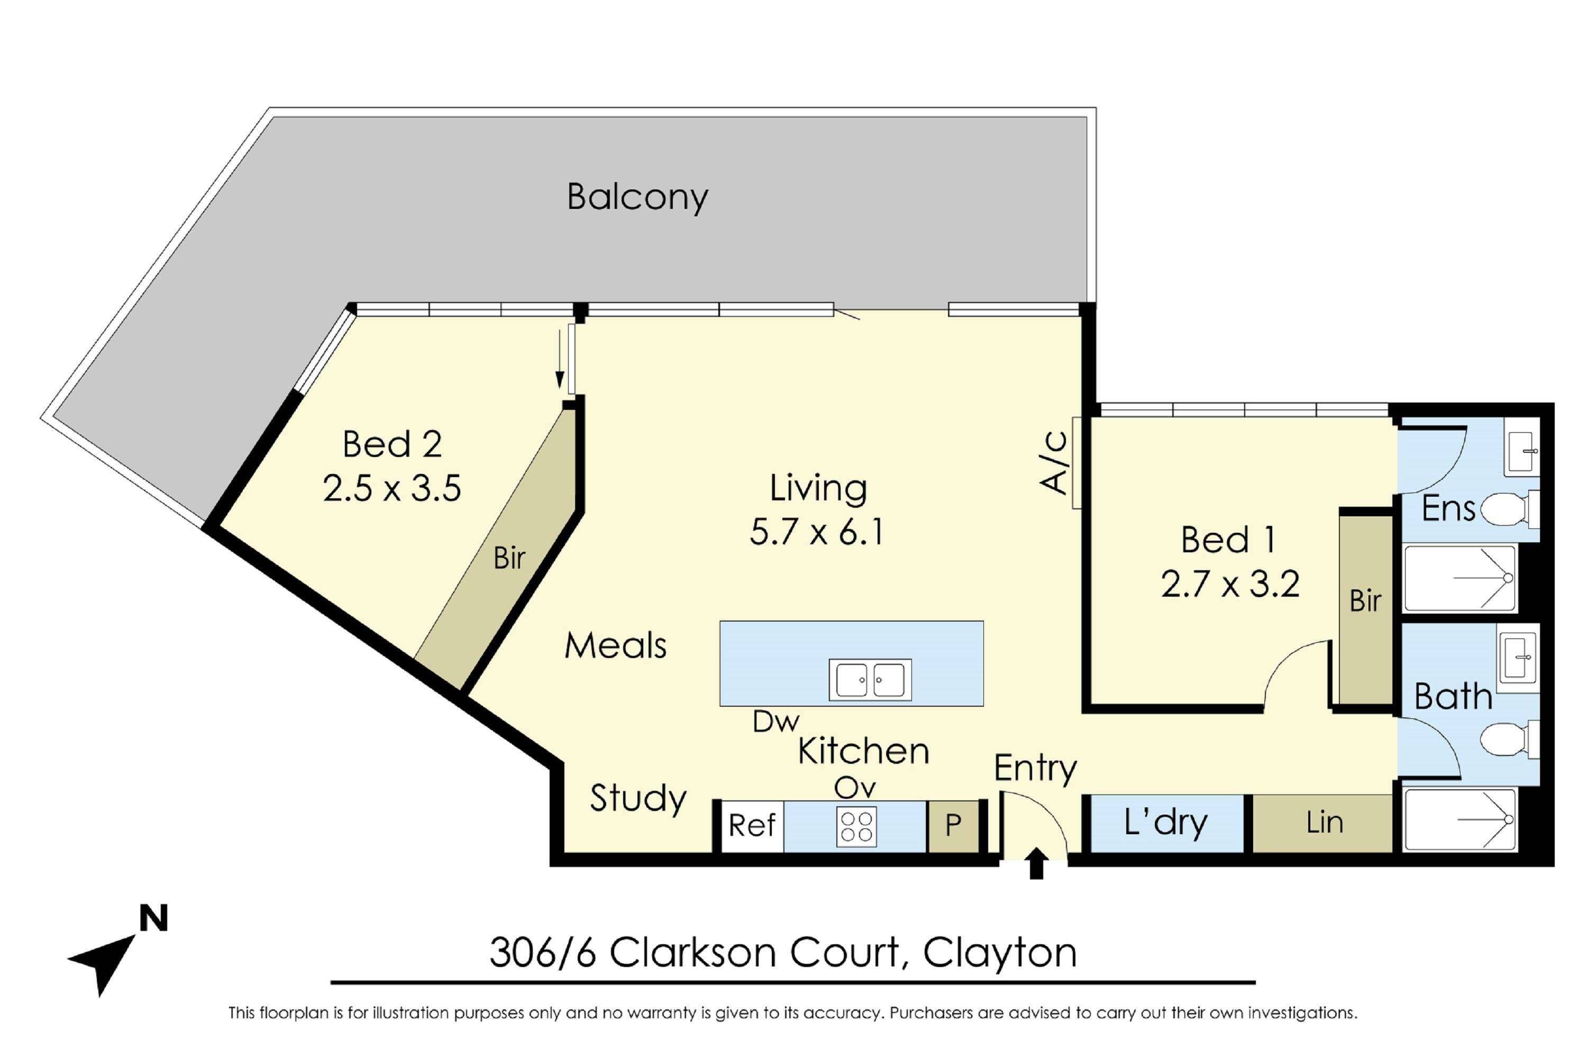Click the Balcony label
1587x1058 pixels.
click(637, 197)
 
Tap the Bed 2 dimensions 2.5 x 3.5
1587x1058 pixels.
click(391, 488)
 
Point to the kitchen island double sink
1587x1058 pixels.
click(870, 680)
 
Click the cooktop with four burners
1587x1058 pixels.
click(856, 826)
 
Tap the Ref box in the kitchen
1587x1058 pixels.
click(752, 826)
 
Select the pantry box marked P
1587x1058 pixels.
click(953, 826)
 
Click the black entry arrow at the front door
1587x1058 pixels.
click(1036, 864)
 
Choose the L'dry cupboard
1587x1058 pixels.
click(1166, 823)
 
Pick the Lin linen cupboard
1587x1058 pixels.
click(1324, 823)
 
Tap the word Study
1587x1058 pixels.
click(637, 799)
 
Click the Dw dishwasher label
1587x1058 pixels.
click(776, 723)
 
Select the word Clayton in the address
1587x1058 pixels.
click(999, 953)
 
